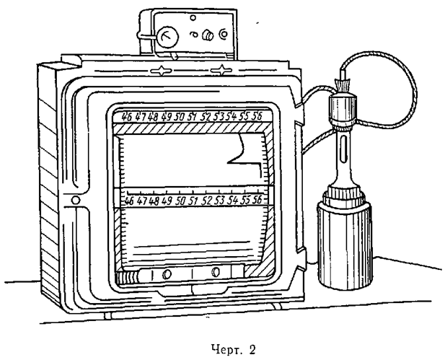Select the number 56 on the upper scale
(x=266, y=115)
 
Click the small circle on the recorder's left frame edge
(x=75, y=199)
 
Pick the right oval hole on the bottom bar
(x=217, y=273)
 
